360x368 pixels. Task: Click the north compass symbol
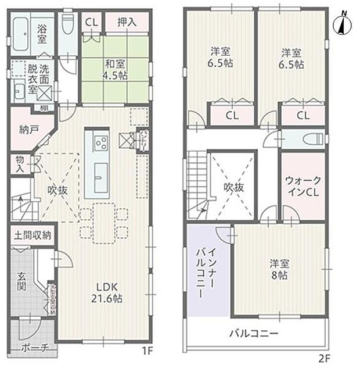pyautogui.click(x=342, y=24)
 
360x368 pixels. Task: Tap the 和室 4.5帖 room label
pyautogui.click(x=113, y=69)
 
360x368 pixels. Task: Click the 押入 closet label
pyautogui.click(x=127, y=23)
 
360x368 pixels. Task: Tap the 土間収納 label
pyautogui.click(x=33, y=235)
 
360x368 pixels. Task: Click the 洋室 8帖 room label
pyautogui.click(x=280, y=267)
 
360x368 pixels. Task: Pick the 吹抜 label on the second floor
pyautogui.click(x=231, y=187)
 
